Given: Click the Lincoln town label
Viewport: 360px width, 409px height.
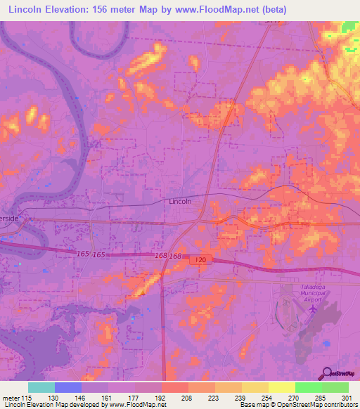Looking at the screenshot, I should click(x=181, y=201).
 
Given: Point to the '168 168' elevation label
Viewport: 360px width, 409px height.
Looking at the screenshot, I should click(x=169, y=256).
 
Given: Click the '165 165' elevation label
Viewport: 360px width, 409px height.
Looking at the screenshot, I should click(x=91, y=252).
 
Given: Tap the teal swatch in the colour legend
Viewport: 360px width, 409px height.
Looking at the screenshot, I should click(x=41, y=387).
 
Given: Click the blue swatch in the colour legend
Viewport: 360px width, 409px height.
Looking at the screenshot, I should click(x=68, y=387).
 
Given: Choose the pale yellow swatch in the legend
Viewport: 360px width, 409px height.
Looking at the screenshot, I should click(x=281, y=387).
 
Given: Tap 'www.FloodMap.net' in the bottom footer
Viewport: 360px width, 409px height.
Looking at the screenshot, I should click(x=138, y=405).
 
